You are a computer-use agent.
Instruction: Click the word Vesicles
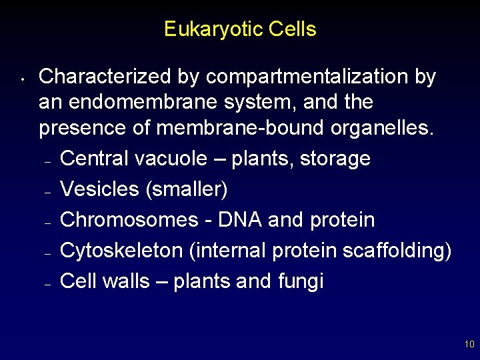click(99, 189)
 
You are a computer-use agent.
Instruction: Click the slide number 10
click(469, 345)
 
